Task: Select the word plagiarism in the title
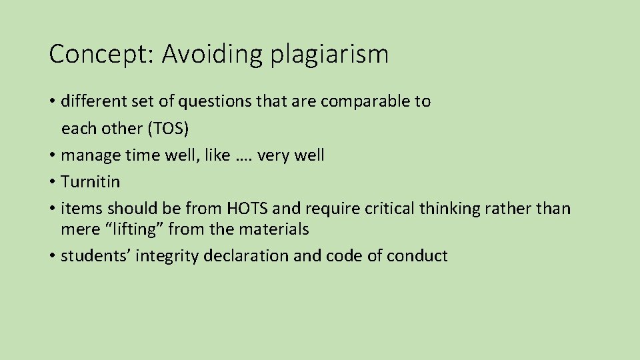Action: coord(329,54)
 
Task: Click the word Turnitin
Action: coord(90,182)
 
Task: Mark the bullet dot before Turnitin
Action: coord(52,182)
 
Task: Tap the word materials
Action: coord(274,229)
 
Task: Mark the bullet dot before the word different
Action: coord(52,101)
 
